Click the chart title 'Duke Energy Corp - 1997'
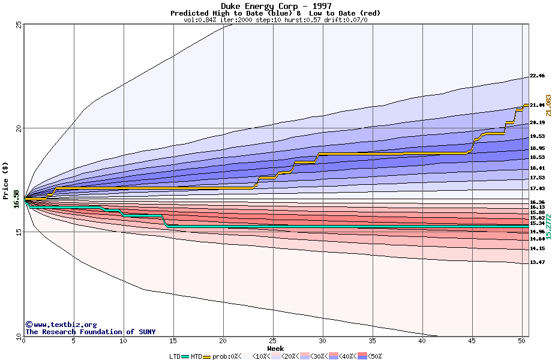(275, 6)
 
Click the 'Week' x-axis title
(275, 348)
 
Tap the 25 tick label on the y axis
(19, 25)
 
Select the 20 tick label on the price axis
(19, 128)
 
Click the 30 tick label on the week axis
(323, 341)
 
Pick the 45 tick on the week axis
(472, 341)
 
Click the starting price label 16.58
(16, 199)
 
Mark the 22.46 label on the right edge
(537, 76)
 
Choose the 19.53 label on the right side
(537, 136)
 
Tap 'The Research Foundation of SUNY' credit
(90, 332)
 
